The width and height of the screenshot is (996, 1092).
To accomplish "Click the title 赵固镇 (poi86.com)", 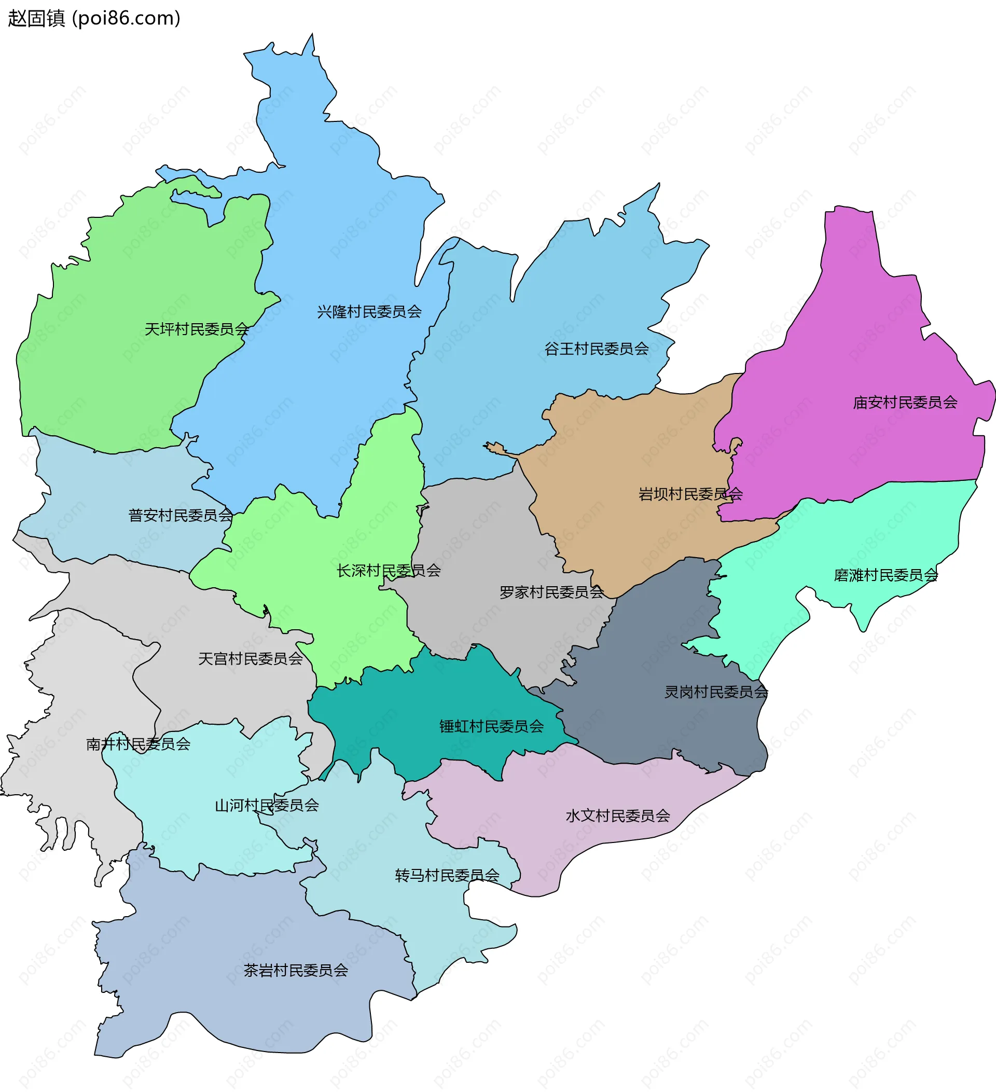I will (94, 19).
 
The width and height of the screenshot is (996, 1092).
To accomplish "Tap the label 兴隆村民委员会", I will (369, 312).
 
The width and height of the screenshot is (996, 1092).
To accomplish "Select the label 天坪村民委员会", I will (196, 329).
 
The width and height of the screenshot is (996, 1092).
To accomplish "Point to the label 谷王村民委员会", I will (596, 349).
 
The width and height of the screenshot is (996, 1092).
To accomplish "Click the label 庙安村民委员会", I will (905, 403).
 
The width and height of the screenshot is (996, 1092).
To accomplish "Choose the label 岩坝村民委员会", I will (690, 494).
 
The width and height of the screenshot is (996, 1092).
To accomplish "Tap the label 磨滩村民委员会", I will (886, 575).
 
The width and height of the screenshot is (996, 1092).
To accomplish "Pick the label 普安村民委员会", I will (181, 515).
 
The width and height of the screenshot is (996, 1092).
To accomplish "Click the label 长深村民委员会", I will (389, 570).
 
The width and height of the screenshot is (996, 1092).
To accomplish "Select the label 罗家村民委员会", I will (551, 592).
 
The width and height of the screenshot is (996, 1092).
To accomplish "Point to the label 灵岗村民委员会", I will (716, 692).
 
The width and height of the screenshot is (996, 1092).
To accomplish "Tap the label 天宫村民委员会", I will (250, 659).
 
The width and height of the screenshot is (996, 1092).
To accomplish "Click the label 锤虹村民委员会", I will (491, 726).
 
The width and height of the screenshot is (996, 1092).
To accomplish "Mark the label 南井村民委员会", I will (138, 744).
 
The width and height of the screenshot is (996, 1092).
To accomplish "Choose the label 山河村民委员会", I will (267, 806).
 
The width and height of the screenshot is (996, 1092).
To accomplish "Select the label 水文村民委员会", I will (617, 815).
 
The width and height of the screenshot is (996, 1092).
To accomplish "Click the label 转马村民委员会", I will (447, 875).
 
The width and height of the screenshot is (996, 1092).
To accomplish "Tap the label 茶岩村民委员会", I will (295, 970).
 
